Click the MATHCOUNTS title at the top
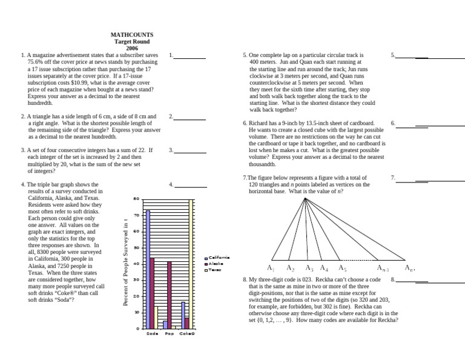(x=132, y=36)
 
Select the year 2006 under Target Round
(x=132, y=48)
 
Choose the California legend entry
(x=217, y=258)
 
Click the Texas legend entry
(x=215, y=270)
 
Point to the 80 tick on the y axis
(x=136, y=199)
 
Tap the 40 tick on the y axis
(x=136, y=264)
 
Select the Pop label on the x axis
(x=170, y=333)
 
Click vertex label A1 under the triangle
(x=271, y=268)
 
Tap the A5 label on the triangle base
(x=342, y=268)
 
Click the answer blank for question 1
(x=190, y=58)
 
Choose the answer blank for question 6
(x=412, y=126)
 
